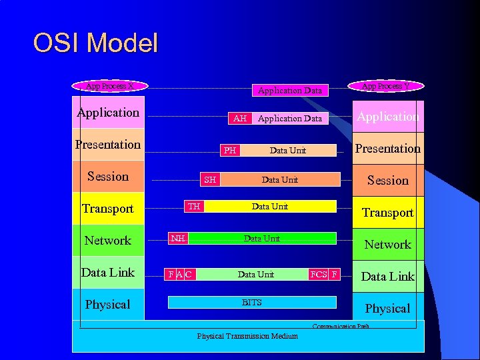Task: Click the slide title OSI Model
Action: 95,43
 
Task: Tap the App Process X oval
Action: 110,86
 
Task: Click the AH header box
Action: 240,118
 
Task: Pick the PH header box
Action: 230,150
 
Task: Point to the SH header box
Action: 210,179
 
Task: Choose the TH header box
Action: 194,206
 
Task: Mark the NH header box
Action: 178,238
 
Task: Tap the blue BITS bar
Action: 252,303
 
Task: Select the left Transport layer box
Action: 108,209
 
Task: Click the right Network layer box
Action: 387,244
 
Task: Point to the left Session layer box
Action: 108,177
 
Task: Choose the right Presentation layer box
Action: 387,148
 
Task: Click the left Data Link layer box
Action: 108,272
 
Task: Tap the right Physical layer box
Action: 387,308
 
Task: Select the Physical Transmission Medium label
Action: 247,336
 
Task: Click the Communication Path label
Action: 341,326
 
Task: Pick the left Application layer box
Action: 108,113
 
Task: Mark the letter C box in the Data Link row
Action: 189,274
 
